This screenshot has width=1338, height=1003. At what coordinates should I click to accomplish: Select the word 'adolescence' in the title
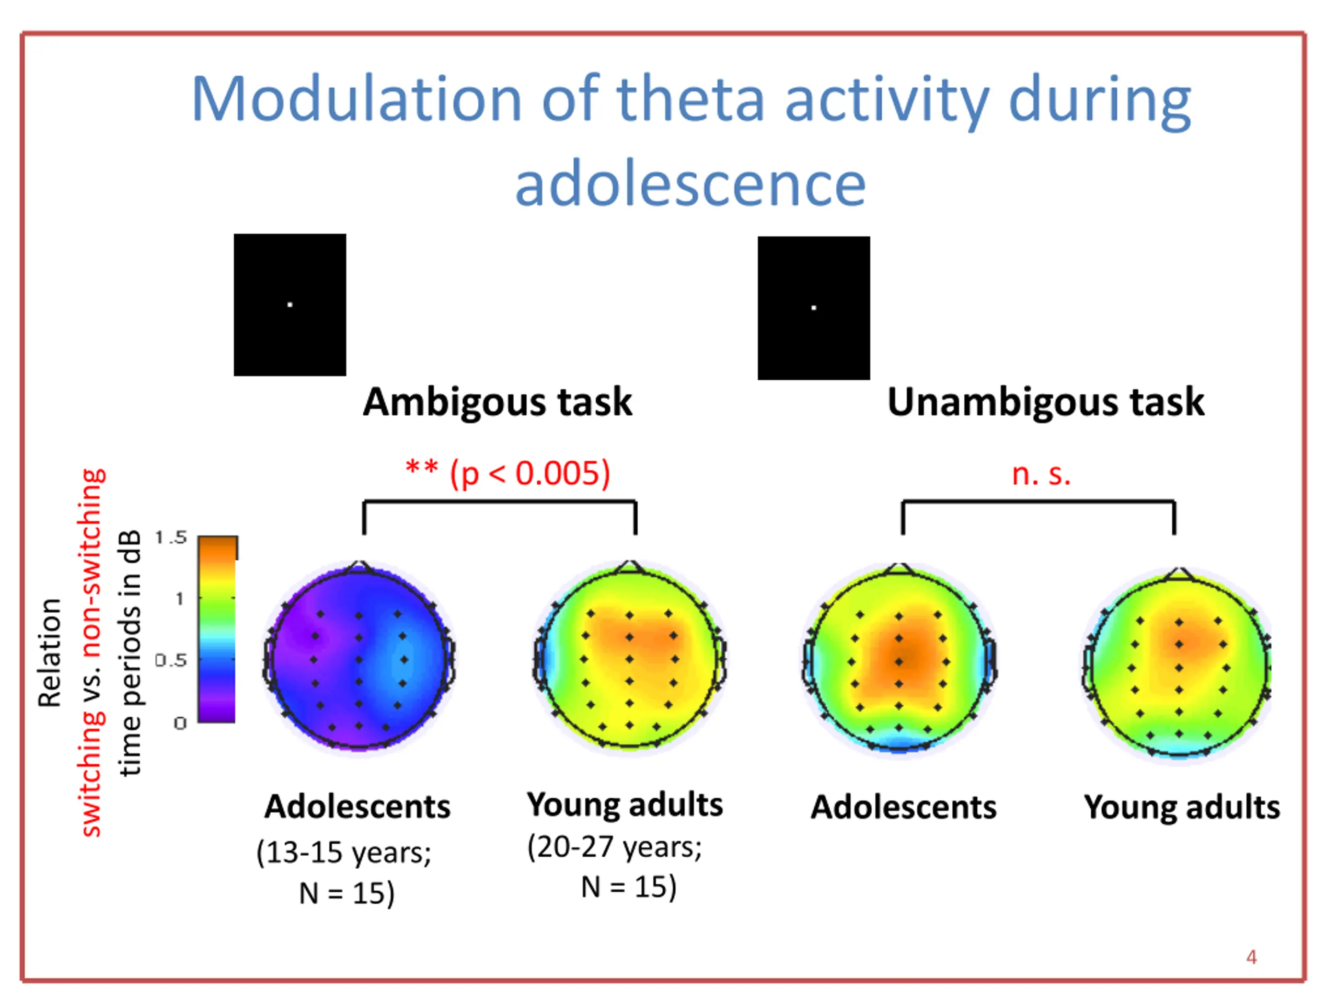[690, 184]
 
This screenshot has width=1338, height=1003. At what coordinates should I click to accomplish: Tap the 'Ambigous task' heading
[497, 402]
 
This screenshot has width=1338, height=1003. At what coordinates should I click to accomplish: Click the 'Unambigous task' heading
[1045, 402]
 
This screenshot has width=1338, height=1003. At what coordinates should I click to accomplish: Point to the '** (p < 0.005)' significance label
[507, 473]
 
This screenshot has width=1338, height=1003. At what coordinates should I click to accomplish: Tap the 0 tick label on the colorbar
[180, 723]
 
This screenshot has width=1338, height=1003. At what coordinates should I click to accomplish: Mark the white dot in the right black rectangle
[814, 308]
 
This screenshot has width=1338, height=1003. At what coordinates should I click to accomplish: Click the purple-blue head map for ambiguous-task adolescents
[359, 659]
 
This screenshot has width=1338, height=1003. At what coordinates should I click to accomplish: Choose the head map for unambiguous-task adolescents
[899, 659]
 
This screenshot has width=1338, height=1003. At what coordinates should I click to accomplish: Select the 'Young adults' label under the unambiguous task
[1181, 807]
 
